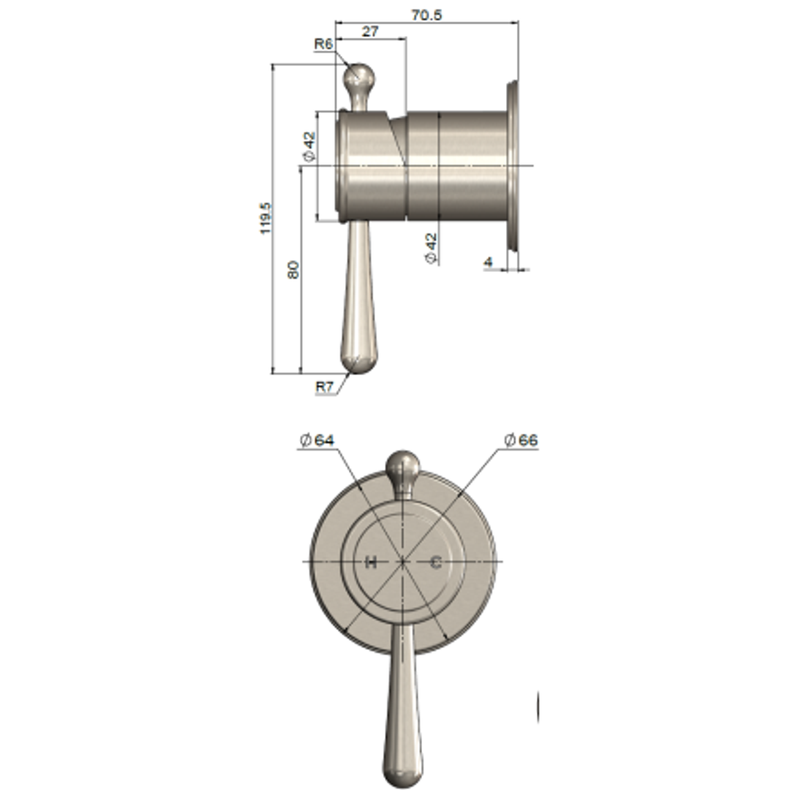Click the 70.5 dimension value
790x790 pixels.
[x=427, y=14]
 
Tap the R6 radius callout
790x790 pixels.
[x=324, y=44]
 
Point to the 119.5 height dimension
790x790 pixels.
[x=266, y=219]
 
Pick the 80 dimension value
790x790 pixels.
[x=293, y=269]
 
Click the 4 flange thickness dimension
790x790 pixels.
[x=488, y=261]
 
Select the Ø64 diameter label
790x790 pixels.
[x=316, y=440]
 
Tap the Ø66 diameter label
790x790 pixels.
[x=520, y=440]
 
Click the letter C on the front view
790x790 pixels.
[x=435, y=562]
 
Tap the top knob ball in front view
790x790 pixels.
[x=402, y=465]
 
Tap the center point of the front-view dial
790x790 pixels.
[x=403, y=562]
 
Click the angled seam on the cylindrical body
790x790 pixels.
[x=399, y=139]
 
